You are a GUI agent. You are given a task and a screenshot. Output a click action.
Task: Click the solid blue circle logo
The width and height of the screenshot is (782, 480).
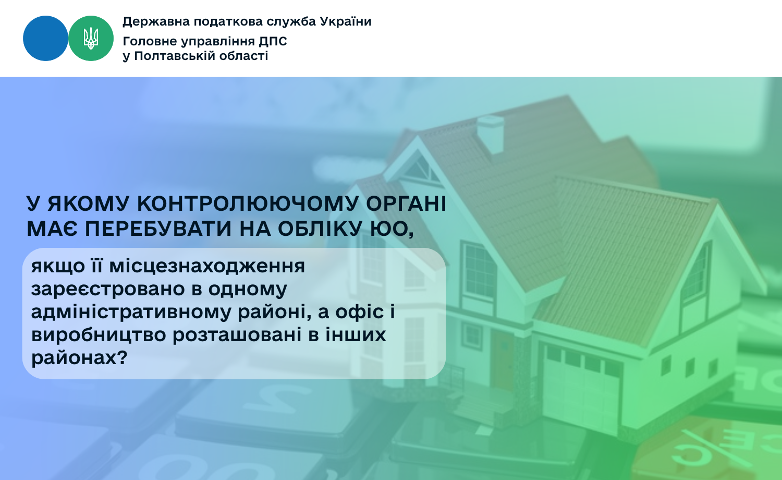coord(45,39)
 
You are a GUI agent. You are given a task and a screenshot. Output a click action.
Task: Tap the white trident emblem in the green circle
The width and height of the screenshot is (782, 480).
coord(91,38)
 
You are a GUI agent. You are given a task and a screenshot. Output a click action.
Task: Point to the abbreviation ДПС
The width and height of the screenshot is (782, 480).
coord(273,41)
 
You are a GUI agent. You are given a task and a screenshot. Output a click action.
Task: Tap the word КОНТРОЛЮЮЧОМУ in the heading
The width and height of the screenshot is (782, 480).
coord(248,203)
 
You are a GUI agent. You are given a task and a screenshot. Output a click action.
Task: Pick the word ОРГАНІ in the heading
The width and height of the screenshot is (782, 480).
coord(406,203)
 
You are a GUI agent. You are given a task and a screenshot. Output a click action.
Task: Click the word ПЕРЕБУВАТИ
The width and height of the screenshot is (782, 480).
coord(158,229)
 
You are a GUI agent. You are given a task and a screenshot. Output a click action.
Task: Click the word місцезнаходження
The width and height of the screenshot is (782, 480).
coord(207,267)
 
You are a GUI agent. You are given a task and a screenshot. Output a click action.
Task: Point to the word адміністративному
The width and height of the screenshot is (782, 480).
coord(131,312)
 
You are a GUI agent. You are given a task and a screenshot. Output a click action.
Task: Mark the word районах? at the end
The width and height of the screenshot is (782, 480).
coord(79,358)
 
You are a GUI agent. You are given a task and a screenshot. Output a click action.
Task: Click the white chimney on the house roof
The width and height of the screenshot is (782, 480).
coord(491,135)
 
